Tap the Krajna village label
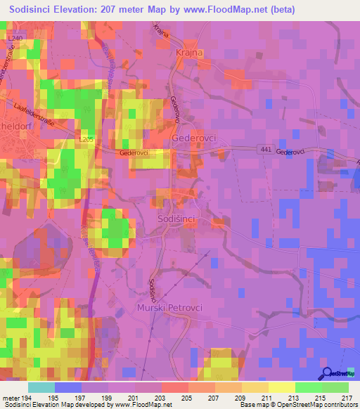click(188, 53)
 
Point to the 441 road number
click(263, 150)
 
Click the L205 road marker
click(86, 141)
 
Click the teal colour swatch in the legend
click(41, 387)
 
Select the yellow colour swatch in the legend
click(281, 387)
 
